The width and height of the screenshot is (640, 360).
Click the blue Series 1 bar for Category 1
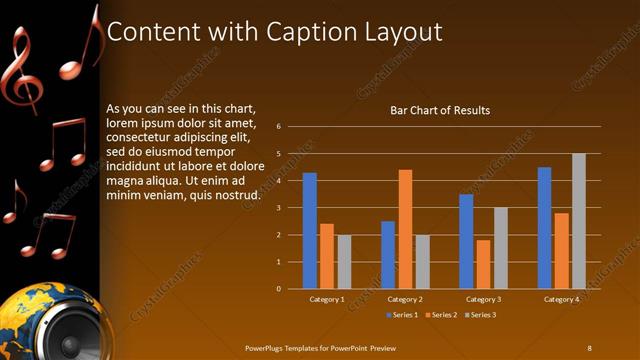tap(310, 231)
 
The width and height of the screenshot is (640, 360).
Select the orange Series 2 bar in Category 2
tap(405, 229)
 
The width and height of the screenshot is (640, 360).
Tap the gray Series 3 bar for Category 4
tap(578, 221)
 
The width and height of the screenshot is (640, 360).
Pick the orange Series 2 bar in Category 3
tap(483, 264)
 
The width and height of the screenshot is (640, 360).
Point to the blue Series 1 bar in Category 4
tap(544, 228)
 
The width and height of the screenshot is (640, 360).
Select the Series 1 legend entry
tap(402, 315)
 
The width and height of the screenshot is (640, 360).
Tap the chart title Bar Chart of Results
tap(440, 110)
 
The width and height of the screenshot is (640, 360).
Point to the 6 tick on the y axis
tap(279, 127)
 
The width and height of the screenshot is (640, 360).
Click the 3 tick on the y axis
tap(279, 208)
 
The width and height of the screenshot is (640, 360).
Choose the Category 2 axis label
tap(405, 299)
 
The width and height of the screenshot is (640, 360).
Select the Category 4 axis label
tap(561, 299)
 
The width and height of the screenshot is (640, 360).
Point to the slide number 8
tap(589, 347)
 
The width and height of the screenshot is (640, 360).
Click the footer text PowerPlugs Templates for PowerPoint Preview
tap(321, 347)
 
